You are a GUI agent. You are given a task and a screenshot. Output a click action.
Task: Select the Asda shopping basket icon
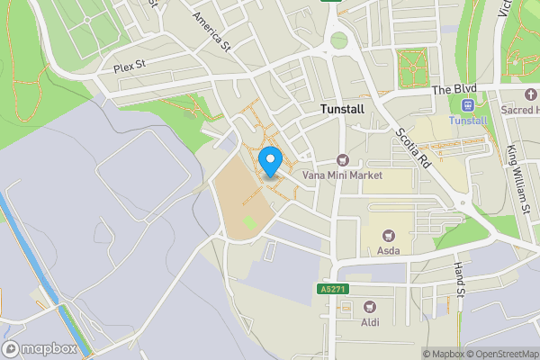[x=389, y=234]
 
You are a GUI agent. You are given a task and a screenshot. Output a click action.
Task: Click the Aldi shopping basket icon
[x=370, y=305]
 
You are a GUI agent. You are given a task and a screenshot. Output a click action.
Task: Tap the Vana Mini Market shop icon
[x=342, y=159]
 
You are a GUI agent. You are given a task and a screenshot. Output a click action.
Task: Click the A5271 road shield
[x=333, y=290]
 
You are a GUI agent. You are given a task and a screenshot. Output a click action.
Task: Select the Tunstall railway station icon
[x=466, y=105]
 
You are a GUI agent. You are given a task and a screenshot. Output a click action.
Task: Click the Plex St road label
[x=129, y=67]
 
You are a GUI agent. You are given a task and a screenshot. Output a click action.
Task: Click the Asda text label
[x=389, y=250]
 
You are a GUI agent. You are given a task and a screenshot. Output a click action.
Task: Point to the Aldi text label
[x=370, y=321]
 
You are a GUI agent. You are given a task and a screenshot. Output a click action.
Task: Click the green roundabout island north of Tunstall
[x=338, y=40]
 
